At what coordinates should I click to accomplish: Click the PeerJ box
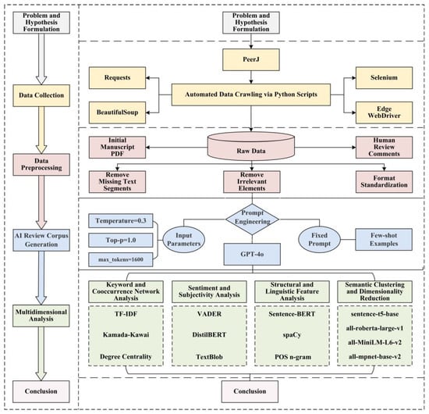pyautogui.click(x=251, y=59)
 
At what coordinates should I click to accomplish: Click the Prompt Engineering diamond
pyautogui.click(x=251, y=219)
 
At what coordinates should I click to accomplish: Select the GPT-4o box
pyautogui.click(x=251, y=252)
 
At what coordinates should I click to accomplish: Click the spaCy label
pyautogui.click(x=292, y=332)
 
